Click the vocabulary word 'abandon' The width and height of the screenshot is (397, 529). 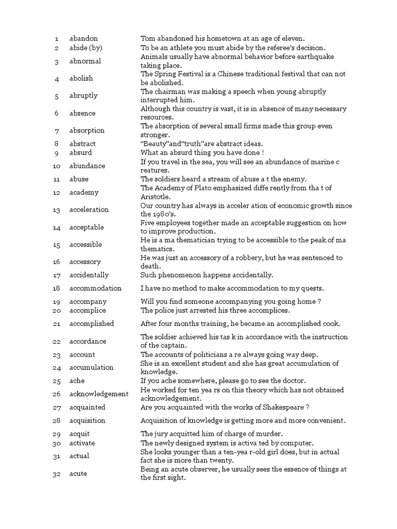(x=83, y=39)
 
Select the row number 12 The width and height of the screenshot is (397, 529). (x=57, y=193)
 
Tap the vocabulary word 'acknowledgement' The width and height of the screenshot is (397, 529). (x=99, y=394)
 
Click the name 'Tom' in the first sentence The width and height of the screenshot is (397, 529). (x=147, y=39)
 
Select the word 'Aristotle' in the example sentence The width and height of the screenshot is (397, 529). (x=157, y=197)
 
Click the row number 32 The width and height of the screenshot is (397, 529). (x=57, y=474)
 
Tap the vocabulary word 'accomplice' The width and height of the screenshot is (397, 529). (x=87, y=310)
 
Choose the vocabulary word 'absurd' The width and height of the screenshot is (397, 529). (x=80, y=153)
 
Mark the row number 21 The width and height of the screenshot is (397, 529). (x=57, y=324)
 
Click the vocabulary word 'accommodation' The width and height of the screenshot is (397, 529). (x=95, y=288)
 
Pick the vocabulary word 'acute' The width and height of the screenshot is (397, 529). (x=78, y=474)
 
